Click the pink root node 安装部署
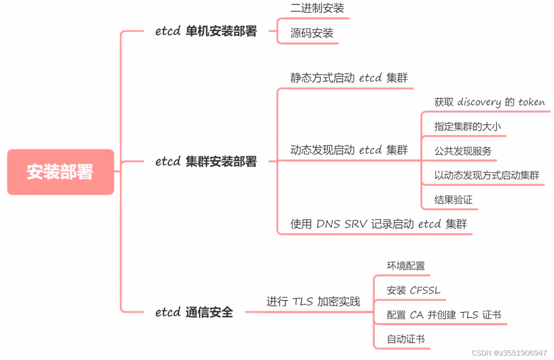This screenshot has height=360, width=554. tap(60, 172)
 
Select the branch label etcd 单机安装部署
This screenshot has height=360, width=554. tap(206, 32)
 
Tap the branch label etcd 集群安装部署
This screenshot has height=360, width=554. tap(206, 161)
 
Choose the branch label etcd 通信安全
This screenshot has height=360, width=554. tap(194, 312)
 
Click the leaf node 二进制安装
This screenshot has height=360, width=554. tap(317, 8)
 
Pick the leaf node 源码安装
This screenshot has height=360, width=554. tap(311, 33)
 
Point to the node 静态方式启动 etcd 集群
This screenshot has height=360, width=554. tap(349, 78)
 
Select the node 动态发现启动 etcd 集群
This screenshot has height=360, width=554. tap(349, 150)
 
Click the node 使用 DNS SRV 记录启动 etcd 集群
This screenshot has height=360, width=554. tap(379, 224)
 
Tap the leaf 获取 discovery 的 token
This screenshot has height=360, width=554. tap(489, 102)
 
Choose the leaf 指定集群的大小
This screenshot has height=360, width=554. tap(467, 127)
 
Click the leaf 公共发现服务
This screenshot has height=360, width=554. tap(463, 151)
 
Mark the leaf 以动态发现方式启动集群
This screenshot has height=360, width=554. tap(486, 175)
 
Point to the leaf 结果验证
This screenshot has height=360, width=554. tap(453, 200)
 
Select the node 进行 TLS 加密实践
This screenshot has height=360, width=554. tap(313, 302)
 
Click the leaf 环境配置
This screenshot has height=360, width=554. tap(406, 266)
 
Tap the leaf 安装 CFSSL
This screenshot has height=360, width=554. tap(414, 291)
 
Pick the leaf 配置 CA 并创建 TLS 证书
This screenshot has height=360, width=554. tap(444, 315)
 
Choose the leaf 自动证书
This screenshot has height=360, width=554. tap(406, 340)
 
